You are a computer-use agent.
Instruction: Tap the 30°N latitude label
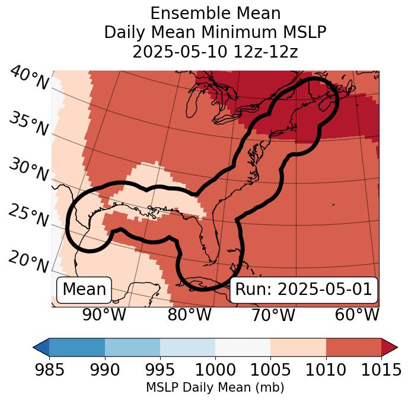tap(28, 170)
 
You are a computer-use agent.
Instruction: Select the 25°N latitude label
tap(28, 215)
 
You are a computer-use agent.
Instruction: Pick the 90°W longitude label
tap(104, 315)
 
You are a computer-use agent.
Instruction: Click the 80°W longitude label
tap(189, 315)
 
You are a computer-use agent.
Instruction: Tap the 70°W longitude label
tap(273, 315)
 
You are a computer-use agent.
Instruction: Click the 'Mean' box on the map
tap(84, 290)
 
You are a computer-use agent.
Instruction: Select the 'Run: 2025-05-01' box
tap(304, 290)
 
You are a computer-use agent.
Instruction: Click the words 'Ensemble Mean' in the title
tap(215, 13)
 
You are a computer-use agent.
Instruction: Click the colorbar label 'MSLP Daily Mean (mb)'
tap(215, 388)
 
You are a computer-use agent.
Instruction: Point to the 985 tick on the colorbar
tap(49, 370)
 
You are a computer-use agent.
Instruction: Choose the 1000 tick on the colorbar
tap(215, 370)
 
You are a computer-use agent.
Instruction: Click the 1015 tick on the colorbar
tap(381, 370)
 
